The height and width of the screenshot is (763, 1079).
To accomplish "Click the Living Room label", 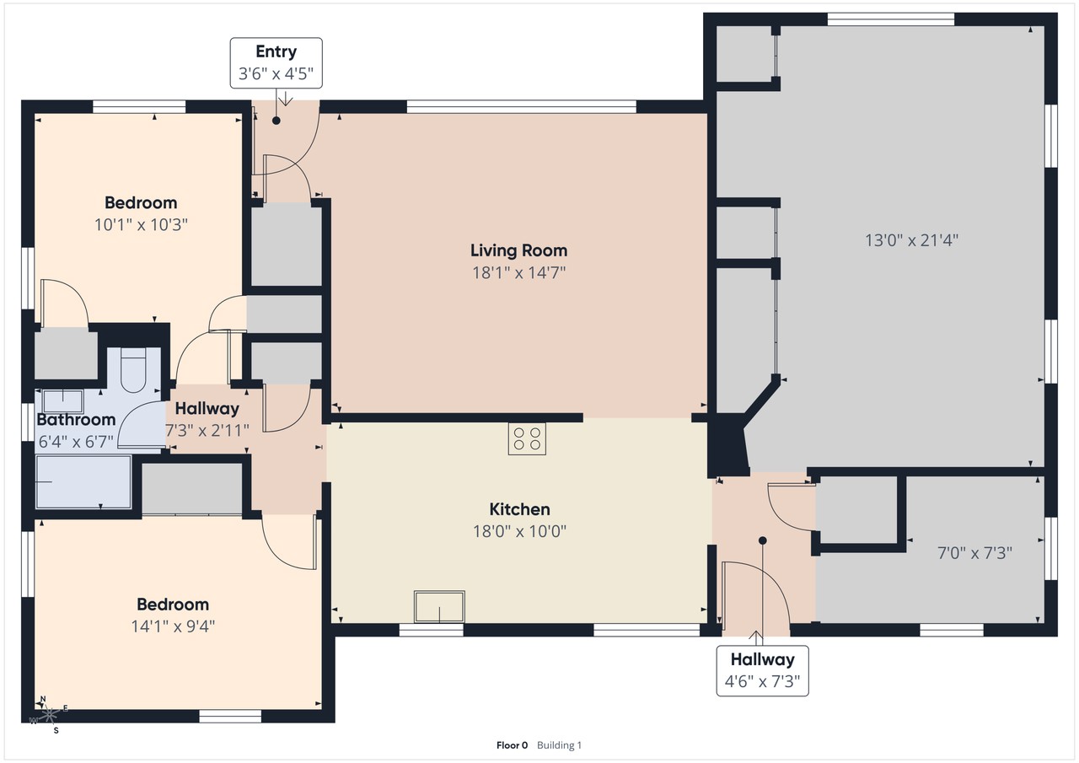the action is pos(518,250).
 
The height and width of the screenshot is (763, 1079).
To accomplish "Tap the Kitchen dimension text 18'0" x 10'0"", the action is pos(519,531).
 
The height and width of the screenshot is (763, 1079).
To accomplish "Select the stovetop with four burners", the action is pos(527,438).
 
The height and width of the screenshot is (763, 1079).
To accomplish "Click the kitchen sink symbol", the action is pos(439,606).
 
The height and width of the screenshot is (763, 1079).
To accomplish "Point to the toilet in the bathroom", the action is pos(133,370).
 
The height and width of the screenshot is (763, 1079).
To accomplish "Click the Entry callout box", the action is pos(276,63).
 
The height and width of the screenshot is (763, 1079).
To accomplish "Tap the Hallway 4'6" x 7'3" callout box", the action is pos(763,670).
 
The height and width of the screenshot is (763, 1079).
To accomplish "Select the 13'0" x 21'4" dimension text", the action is pos(912,240).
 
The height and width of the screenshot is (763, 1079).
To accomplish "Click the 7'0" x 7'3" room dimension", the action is pos(974,552).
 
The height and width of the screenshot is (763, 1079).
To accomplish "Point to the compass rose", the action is pos(50,715).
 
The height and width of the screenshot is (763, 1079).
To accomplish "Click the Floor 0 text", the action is pos(512,745).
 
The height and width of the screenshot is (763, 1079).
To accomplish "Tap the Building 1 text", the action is pos(559,745).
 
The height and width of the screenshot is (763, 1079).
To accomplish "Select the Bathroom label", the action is pos(76,420).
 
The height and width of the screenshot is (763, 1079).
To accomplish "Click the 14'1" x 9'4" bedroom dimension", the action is pos(173,626).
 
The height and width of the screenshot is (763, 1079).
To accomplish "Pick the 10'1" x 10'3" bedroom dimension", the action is pos(141,224).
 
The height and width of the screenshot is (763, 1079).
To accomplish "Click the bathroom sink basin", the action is pos(63,401).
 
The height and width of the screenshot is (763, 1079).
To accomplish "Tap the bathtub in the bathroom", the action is pos(83,481).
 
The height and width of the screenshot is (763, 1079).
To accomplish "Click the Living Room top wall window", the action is pos(521,106).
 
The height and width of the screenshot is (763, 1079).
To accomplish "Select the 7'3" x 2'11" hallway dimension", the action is pos(207,430).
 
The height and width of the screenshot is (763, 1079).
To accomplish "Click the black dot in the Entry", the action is pos(276,121).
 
